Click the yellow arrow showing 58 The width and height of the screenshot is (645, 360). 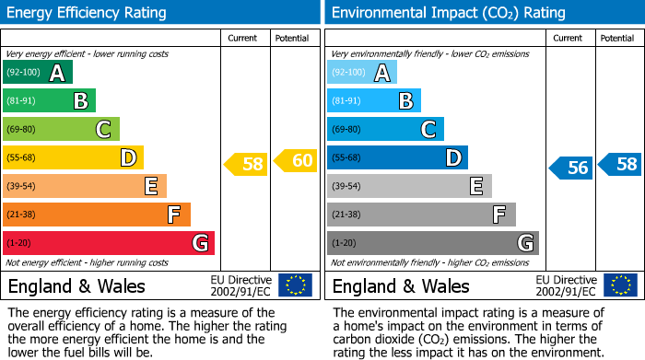coord(245,165)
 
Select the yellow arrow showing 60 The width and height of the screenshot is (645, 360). coord(295,161)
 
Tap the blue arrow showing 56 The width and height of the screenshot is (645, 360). coord(570,168)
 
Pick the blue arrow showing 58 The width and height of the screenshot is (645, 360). coord(620,165)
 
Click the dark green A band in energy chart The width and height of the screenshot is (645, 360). coord(38,73)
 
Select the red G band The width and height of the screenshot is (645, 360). coord(109,243)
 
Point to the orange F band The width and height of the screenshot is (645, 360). coord(97,215)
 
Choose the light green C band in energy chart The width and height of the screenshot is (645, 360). coord(61,130)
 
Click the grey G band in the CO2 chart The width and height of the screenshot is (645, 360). coord(432,243)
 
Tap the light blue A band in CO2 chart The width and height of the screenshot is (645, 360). coord(362,73)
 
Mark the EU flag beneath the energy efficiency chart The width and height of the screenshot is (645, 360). coord(296,285)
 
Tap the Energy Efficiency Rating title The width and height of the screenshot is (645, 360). coord(88,13)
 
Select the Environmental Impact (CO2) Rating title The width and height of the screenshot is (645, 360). coord(448,13)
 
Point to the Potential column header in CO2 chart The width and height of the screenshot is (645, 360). coord(617,38)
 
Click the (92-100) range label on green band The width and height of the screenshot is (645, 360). coord(23,73)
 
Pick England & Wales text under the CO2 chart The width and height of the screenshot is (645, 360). coord(401,286)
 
